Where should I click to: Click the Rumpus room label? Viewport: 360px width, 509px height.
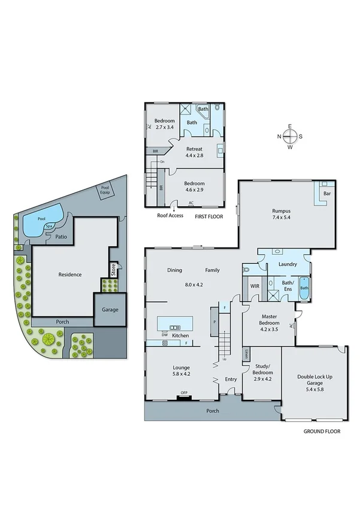[x=282, y=210]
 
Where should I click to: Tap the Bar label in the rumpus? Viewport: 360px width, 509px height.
[x=327, y=194]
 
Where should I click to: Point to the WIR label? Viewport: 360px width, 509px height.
[x=253, y=286]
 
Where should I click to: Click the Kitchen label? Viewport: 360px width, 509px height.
[x=180, y=336]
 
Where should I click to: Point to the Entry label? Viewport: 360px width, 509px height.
[x=231, y=379]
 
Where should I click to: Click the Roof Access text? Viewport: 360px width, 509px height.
[x=170, y=215]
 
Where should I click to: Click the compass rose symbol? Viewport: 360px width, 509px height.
[x=289, y=136]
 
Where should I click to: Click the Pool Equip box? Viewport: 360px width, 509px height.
[x=106, y=191]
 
